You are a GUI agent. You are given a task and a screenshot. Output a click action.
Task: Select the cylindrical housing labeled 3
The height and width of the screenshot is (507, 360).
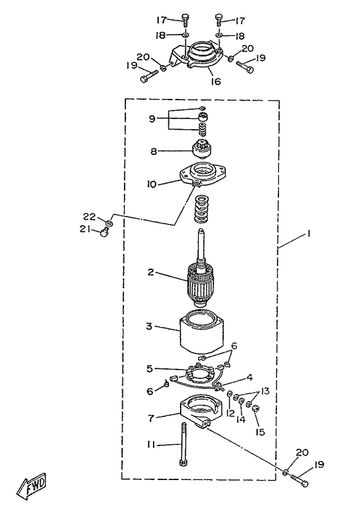201,333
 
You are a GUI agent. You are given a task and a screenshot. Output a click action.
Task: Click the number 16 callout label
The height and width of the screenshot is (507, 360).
216,81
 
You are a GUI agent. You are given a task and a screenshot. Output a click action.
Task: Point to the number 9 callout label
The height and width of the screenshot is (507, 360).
152,119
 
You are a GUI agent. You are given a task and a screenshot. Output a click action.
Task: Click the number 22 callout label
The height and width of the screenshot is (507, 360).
89,217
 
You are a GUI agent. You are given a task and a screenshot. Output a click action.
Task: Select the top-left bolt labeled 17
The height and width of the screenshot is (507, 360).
185,21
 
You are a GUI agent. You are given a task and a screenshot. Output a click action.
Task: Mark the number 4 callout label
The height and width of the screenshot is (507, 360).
249,377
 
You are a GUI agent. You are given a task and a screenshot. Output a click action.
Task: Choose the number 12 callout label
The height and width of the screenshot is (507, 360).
230,413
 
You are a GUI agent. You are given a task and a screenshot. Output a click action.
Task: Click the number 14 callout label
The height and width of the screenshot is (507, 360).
241,420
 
